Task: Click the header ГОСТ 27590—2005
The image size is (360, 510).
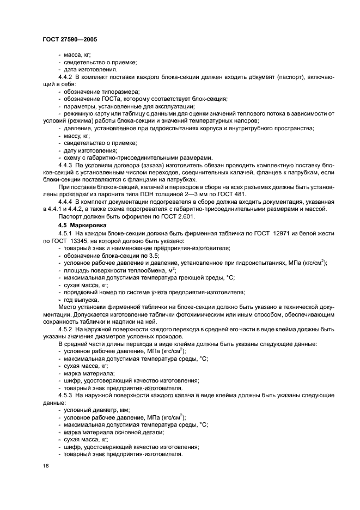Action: click(x=69, y=39)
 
